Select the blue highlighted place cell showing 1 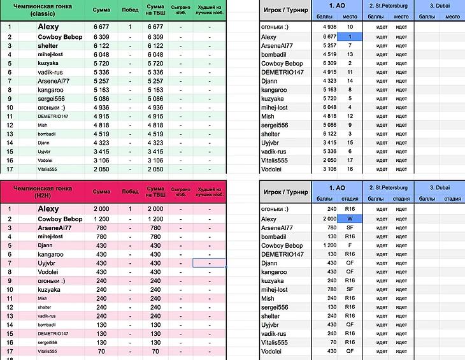point(349,37)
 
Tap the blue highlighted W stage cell point(349,219)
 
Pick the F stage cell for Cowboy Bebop point(349,245)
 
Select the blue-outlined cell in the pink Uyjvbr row point(210,263)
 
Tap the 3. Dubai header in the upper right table point(440,6)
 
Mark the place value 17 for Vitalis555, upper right point(349,161)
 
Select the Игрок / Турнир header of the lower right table point(285,192)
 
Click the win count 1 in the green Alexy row point(130,27)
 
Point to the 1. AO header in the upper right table point(337,6)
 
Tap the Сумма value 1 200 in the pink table point(101,219)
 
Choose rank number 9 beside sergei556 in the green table point(10,99)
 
